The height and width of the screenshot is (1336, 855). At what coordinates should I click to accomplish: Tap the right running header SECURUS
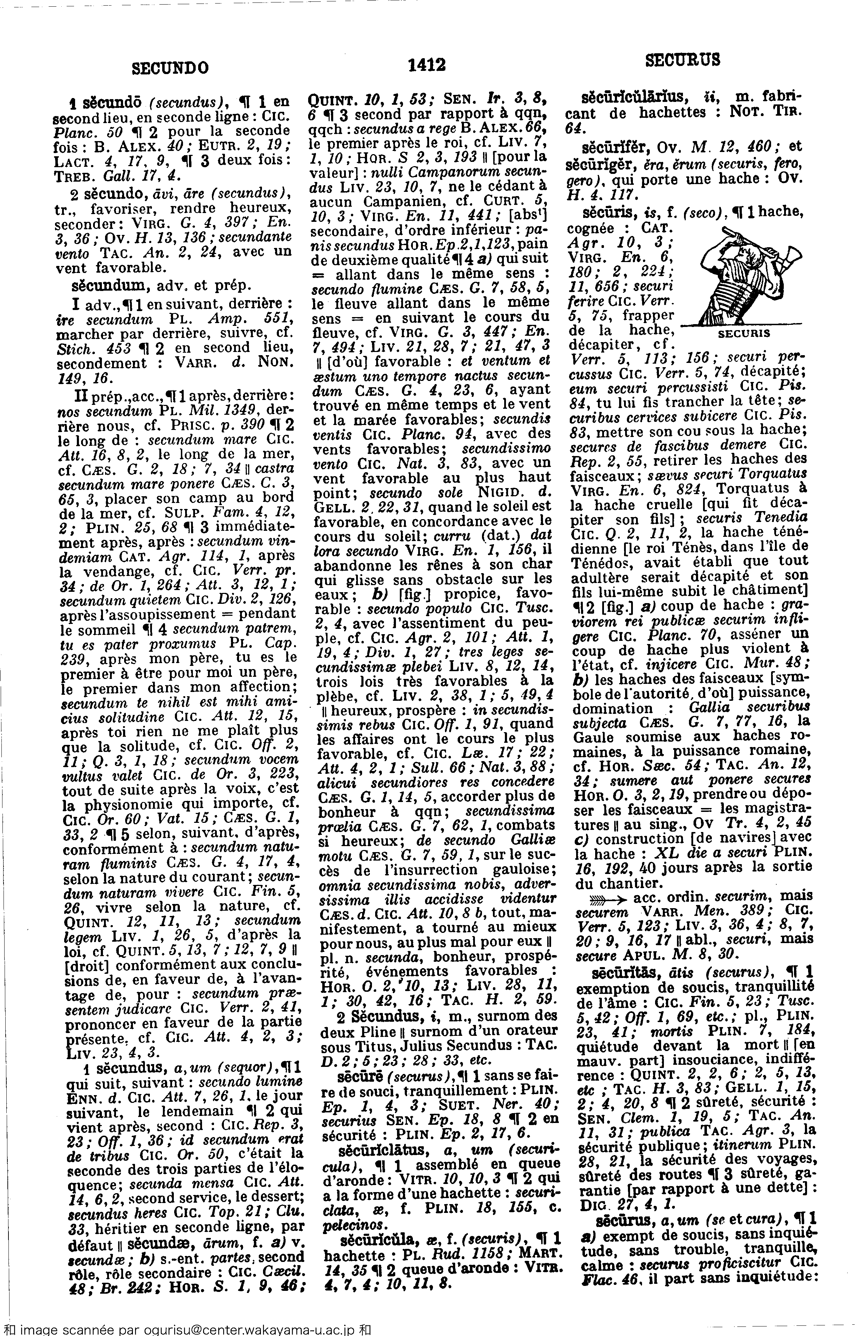pos(683,59)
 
